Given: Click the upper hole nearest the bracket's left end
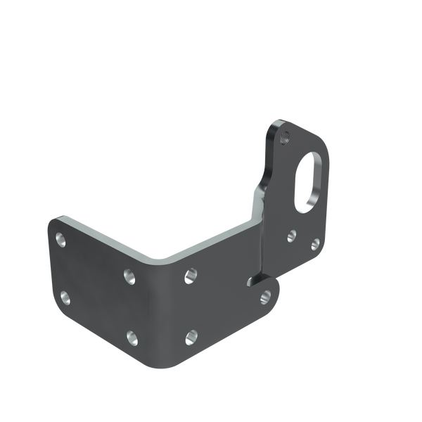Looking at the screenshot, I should (61, 239).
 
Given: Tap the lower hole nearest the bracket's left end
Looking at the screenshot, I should (65, 296).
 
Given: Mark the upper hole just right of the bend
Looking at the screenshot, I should (189, 276).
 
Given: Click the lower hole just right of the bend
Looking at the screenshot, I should (191, 338).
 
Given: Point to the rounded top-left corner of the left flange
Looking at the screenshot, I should (53, 220).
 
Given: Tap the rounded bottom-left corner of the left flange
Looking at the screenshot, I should (58, 312).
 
